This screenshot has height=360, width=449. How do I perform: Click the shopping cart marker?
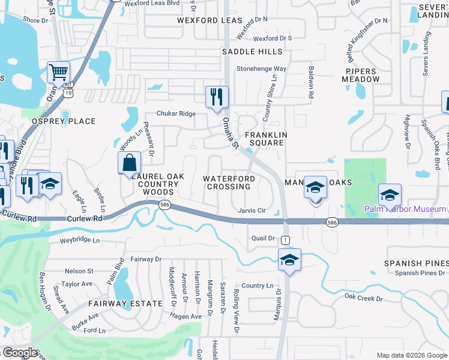pos(58,73)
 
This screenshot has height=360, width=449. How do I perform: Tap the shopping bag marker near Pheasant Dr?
pos(129,163)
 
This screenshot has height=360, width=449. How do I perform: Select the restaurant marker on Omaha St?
pos(217,97)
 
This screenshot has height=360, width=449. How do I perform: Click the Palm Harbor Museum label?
pos(406,209)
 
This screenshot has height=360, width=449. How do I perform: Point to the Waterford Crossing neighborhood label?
pos(229,182)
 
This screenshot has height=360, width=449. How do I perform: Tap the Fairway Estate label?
pos(125,304)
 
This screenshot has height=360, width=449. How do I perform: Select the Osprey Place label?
pos(64,121)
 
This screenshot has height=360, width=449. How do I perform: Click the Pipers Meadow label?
pos(361,74)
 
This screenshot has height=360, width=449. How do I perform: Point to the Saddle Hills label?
pos(252,52)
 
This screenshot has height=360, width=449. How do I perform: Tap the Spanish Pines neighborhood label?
pos(417,263)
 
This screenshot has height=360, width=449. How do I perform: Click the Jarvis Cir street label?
pos(252,211)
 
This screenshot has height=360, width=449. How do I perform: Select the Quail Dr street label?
pos(263,238)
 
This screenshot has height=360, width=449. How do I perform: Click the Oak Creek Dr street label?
pos(363,298)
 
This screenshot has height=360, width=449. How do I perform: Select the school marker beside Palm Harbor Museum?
pos(390,194)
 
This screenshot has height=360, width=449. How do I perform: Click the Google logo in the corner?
pos(20,353)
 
